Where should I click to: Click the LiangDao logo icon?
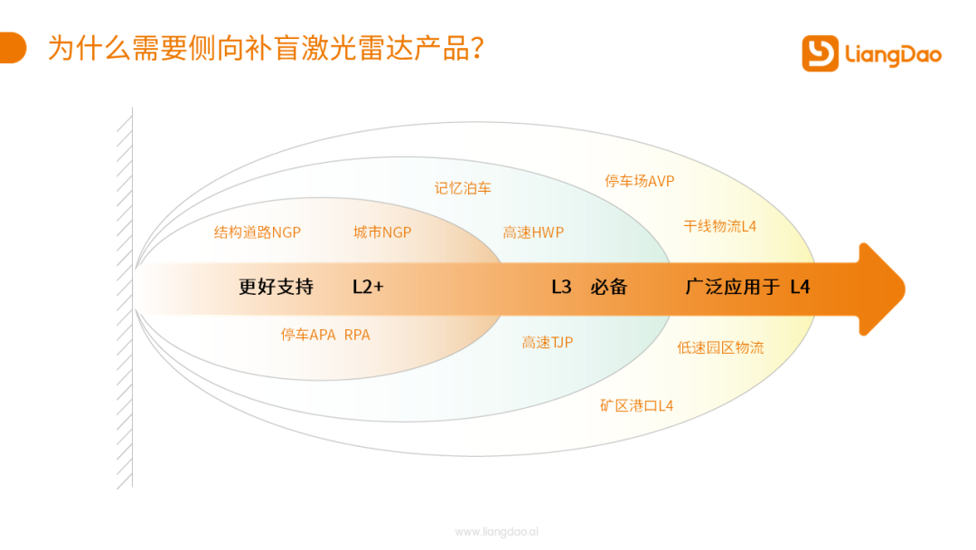pyautogui.click(x=820, y=53)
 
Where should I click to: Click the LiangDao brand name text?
pyautogui.click(x=893, y=55)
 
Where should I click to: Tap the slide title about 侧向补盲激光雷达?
pyautogui.click(x=266, y=48)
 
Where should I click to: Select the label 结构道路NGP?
pyautogui.click(x=257, y=232)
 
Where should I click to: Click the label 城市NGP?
pyautogui.click(x=382, y=232)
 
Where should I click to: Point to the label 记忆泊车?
pyautogui.click(x=463, y=188)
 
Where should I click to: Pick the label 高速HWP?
pyautogui.click(x=533, y=232)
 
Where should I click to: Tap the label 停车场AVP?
pyautogui.click(x=639, y=181)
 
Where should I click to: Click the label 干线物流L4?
pyautogui.click(x=719, y=226)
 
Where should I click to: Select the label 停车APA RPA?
pyautogui.click(x=325, y=335)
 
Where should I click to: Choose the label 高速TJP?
pyautogui.click(x=547, y=342)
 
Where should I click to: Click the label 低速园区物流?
pyautogui.click(x=720, y=347)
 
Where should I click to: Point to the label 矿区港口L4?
pyautogui.click(x=636, y=405)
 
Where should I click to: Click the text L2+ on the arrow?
pyautogui.click(x=368, y=287)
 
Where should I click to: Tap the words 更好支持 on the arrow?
pyautogui.click(x=276, y=287)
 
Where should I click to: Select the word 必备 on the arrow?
pyautogui.click(x=608, y=287)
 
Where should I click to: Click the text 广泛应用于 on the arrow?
pyautogui.click(x=732, y=287)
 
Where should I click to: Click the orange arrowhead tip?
pyautogui.click(x=905, y=289)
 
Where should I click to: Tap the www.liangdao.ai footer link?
pyautogui.click(x=497, y=531)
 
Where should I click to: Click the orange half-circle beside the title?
pyautogui.click(x=13, y=48)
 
